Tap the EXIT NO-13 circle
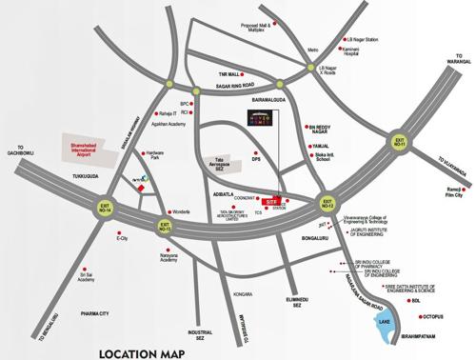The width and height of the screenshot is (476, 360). click(165, 226)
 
